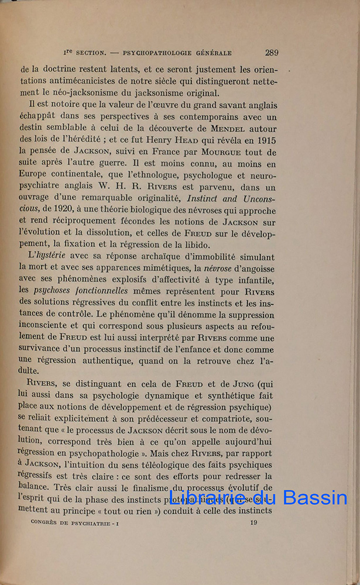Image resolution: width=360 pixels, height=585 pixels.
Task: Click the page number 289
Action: tap(271, 53)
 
